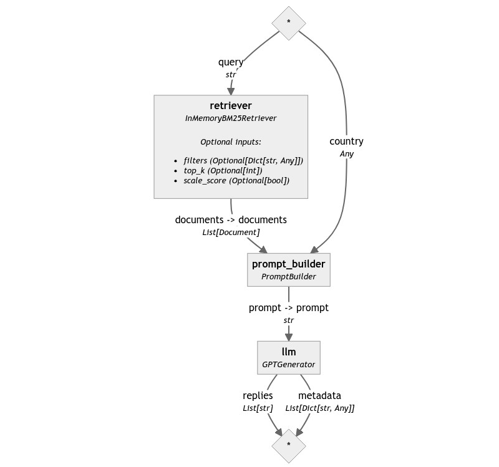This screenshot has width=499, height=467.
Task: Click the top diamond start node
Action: click(x=289, y=23)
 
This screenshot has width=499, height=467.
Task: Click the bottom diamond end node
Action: click(x=289, y=445)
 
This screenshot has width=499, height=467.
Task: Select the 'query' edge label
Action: click(x=231, y=62)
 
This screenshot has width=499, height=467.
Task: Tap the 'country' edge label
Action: click(x=346, y=142)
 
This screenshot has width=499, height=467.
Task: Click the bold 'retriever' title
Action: click(x=231, y=105)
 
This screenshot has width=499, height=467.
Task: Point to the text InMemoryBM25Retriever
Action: click(x=231, y=118)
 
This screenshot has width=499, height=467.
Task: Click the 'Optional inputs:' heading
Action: click(x=231, y=142)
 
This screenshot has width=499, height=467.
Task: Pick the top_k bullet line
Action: click(x=223, y=171)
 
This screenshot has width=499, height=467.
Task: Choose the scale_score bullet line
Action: click(x=236, y=181)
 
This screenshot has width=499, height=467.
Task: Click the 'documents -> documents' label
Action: click(x=231, y=220)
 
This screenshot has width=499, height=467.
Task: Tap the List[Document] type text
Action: click(x=231, y=232)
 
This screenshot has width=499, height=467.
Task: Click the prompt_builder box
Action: click(x=288, y=269)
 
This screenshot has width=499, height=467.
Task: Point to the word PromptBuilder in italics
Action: click(x=288, y=276)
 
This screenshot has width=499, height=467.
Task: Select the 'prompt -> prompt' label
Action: click(x=288, y=308)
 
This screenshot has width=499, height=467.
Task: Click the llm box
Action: click(x=289, y=357)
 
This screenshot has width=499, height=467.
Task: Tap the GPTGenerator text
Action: click(x=289, y=364)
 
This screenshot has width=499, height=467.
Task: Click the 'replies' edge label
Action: click(x=258, y=396)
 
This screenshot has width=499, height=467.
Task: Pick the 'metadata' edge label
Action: click(x=319, y=396)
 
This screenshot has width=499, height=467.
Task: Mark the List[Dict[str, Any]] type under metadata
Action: click(x=319, y=408)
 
